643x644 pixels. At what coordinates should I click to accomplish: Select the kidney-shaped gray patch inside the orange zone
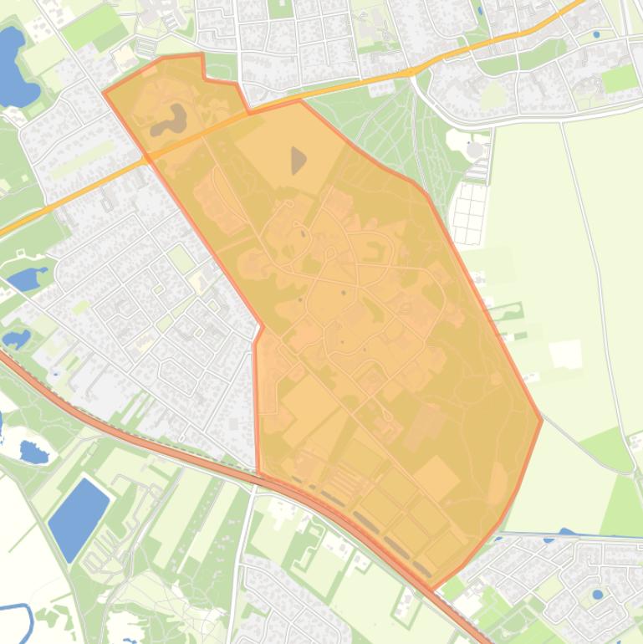click(x=169, y=122)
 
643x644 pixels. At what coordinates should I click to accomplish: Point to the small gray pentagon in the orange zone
click(x=298, y=159)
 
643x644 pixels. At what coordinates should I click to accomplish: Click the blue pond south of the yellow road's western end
click(x=28, y=279)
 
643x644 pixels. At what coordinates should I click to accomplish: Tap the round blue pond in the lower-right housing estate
click(x=597, y=595)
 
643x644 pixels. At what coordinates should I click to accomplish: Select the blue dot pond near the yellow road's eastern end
click(x=595, y=35)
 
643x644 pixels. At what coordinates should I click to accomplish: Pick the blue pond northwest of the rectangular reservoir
click(x=33, y=452)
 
